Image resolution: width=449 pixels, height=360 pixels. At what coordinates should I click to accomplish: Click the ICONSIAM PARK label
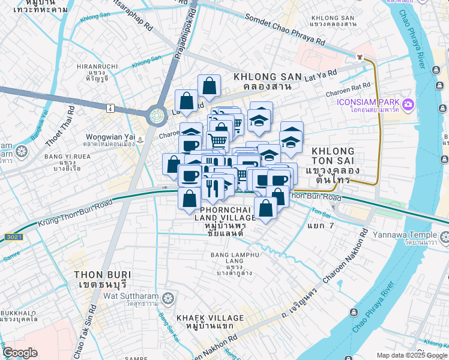[369, 101]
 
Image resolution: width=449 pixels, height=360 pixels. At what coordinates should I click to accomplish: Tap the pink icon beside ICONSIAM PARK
[408, 105]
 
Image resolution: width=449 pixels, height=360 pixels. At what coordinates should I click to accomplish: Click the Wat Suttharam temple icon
[170, 297]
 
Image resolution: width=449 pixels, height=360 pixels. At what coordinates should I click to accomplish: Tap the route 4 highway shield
[110, 108]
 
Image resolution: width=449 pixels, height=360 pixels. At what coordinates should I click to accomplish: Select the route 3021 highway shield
[11, 238]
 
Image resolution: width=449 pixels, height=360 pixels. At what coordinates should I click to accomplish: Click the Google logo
[20, 353]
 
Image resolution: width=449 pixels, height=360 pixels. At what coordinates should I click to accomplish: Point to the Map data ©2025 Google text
[411, 355]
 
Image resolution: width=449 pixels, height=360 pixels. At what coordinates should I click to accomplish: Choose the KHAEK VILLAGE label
[210, 318]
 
